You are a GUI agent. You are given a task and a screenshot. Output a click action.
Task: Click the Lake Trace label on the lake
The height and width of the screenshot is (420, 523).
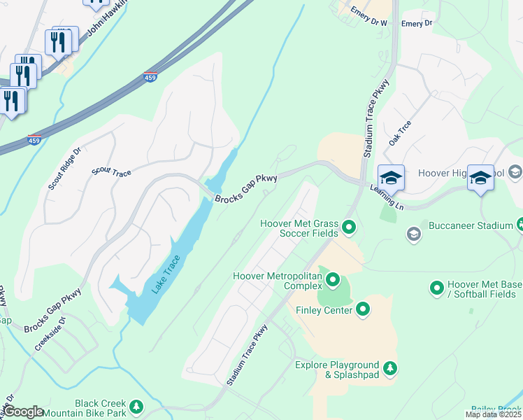(166, 275)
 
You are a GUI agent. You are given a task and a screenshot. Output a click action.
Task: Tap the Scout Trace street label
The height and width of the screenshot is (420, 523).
(111, 170)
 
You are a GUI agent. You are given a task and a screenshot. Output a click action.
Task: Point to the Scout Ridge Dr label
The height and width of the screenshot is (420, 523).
(64, 169)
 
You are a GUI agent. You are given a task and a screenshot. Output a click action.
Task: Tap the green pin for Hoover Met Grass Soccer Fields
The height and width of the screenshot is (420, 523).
(350, 227)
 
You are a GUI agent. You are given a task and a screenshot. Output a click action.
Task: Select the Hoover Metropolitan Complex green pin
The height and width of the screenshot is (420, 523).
(333, 281)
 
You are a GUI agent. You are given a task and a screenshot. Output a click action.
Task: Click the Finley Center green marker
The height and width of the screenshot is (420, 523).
(363, 309)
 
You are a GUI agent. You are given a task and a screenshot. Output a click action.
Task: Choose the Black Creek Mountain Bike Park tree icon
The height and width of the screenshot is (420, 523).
(137, 406)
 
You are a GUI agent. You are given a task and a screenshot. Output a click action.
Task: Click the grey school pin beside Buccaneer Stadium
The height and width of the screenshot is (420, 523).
(414, 234)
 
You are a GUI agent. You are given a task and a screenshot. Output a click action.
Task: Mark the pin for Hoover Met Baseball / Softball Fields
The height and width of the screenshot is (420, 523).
(437, 288)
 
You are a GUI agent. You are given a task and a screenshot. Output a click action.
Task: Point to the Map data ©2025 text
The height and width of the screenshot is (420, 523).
(494, 414)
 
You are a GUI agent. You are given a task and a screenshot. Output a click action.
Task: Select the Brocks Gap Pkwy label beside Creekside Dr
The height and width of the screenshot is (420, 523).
(52, 310)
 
